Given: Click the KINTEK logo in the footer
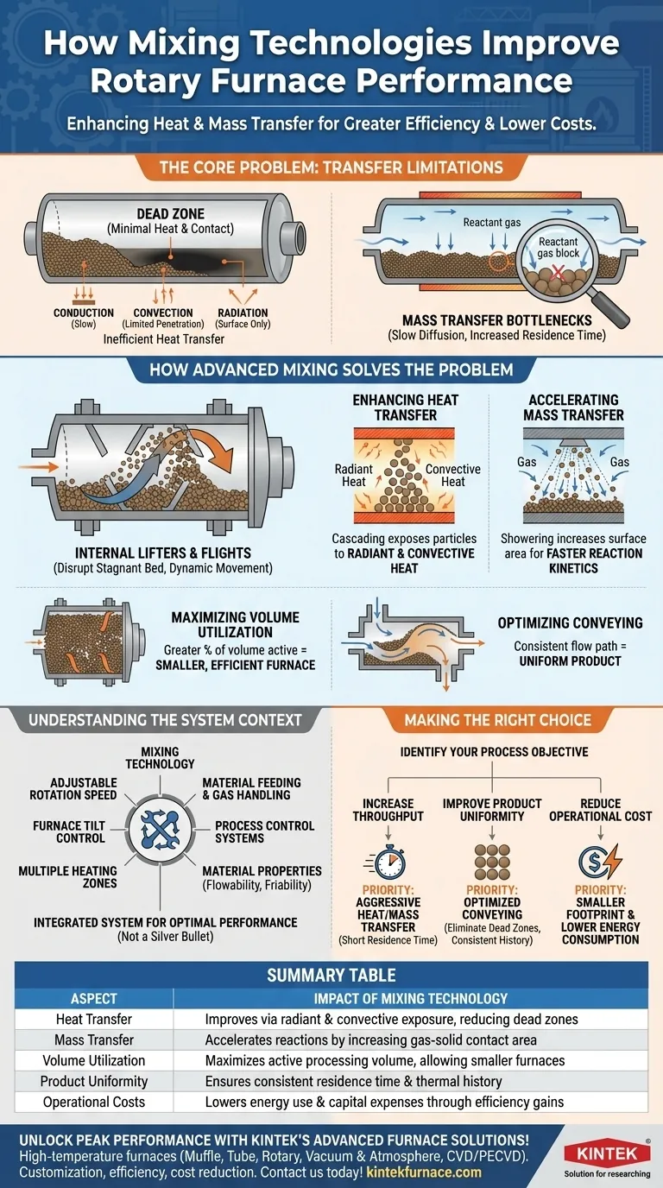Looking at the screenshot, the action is click(607, 1153).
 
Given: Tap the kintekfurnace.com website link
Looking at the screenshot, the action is click(424, 1172).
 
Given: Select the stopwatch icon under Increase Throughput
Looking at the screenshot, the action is click(387, 863).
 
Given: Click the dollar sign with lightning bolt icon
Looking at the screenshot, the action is click(600, 862).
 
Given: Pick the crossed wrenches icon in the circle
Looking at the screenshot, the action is click(161, 830).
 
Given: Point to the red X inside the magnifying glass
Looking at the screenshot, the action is click(558, 273).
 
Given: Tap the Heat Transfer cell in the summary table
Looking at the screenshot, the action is click(94, 1020).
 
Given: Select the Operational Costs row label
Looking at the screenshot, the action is click(94, 1102).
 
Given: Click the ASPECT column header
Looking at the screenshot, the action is click(94, 999).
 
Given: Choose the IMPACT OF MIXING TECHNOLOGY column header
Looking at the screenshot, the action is click(411, 999).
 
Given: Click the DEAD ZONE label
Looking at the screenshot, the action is click(170, 214).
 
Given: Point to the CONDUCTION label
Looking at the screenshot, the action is click(84, 313).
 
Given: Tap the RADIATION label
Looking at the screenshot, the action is click(243, 313).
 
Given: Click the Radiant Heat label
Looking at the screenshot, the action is click(353, 475).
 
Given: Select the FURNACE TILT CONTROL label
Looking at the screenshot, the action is click(69, 831).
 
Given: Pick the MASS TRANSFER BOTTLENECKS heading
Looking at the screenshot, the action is click(497, 320).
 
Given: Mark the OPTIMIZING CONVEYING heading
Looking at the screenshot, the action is click(570, 622).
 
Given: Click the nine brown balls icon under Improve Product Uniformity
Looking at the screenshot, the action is click(492, 862).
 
